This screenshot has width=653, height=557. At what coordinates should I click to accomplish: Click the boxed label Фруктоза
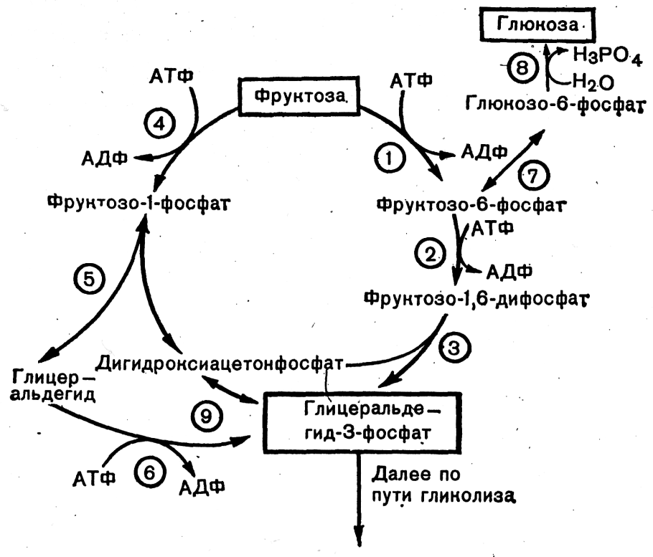coord(296,94)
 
